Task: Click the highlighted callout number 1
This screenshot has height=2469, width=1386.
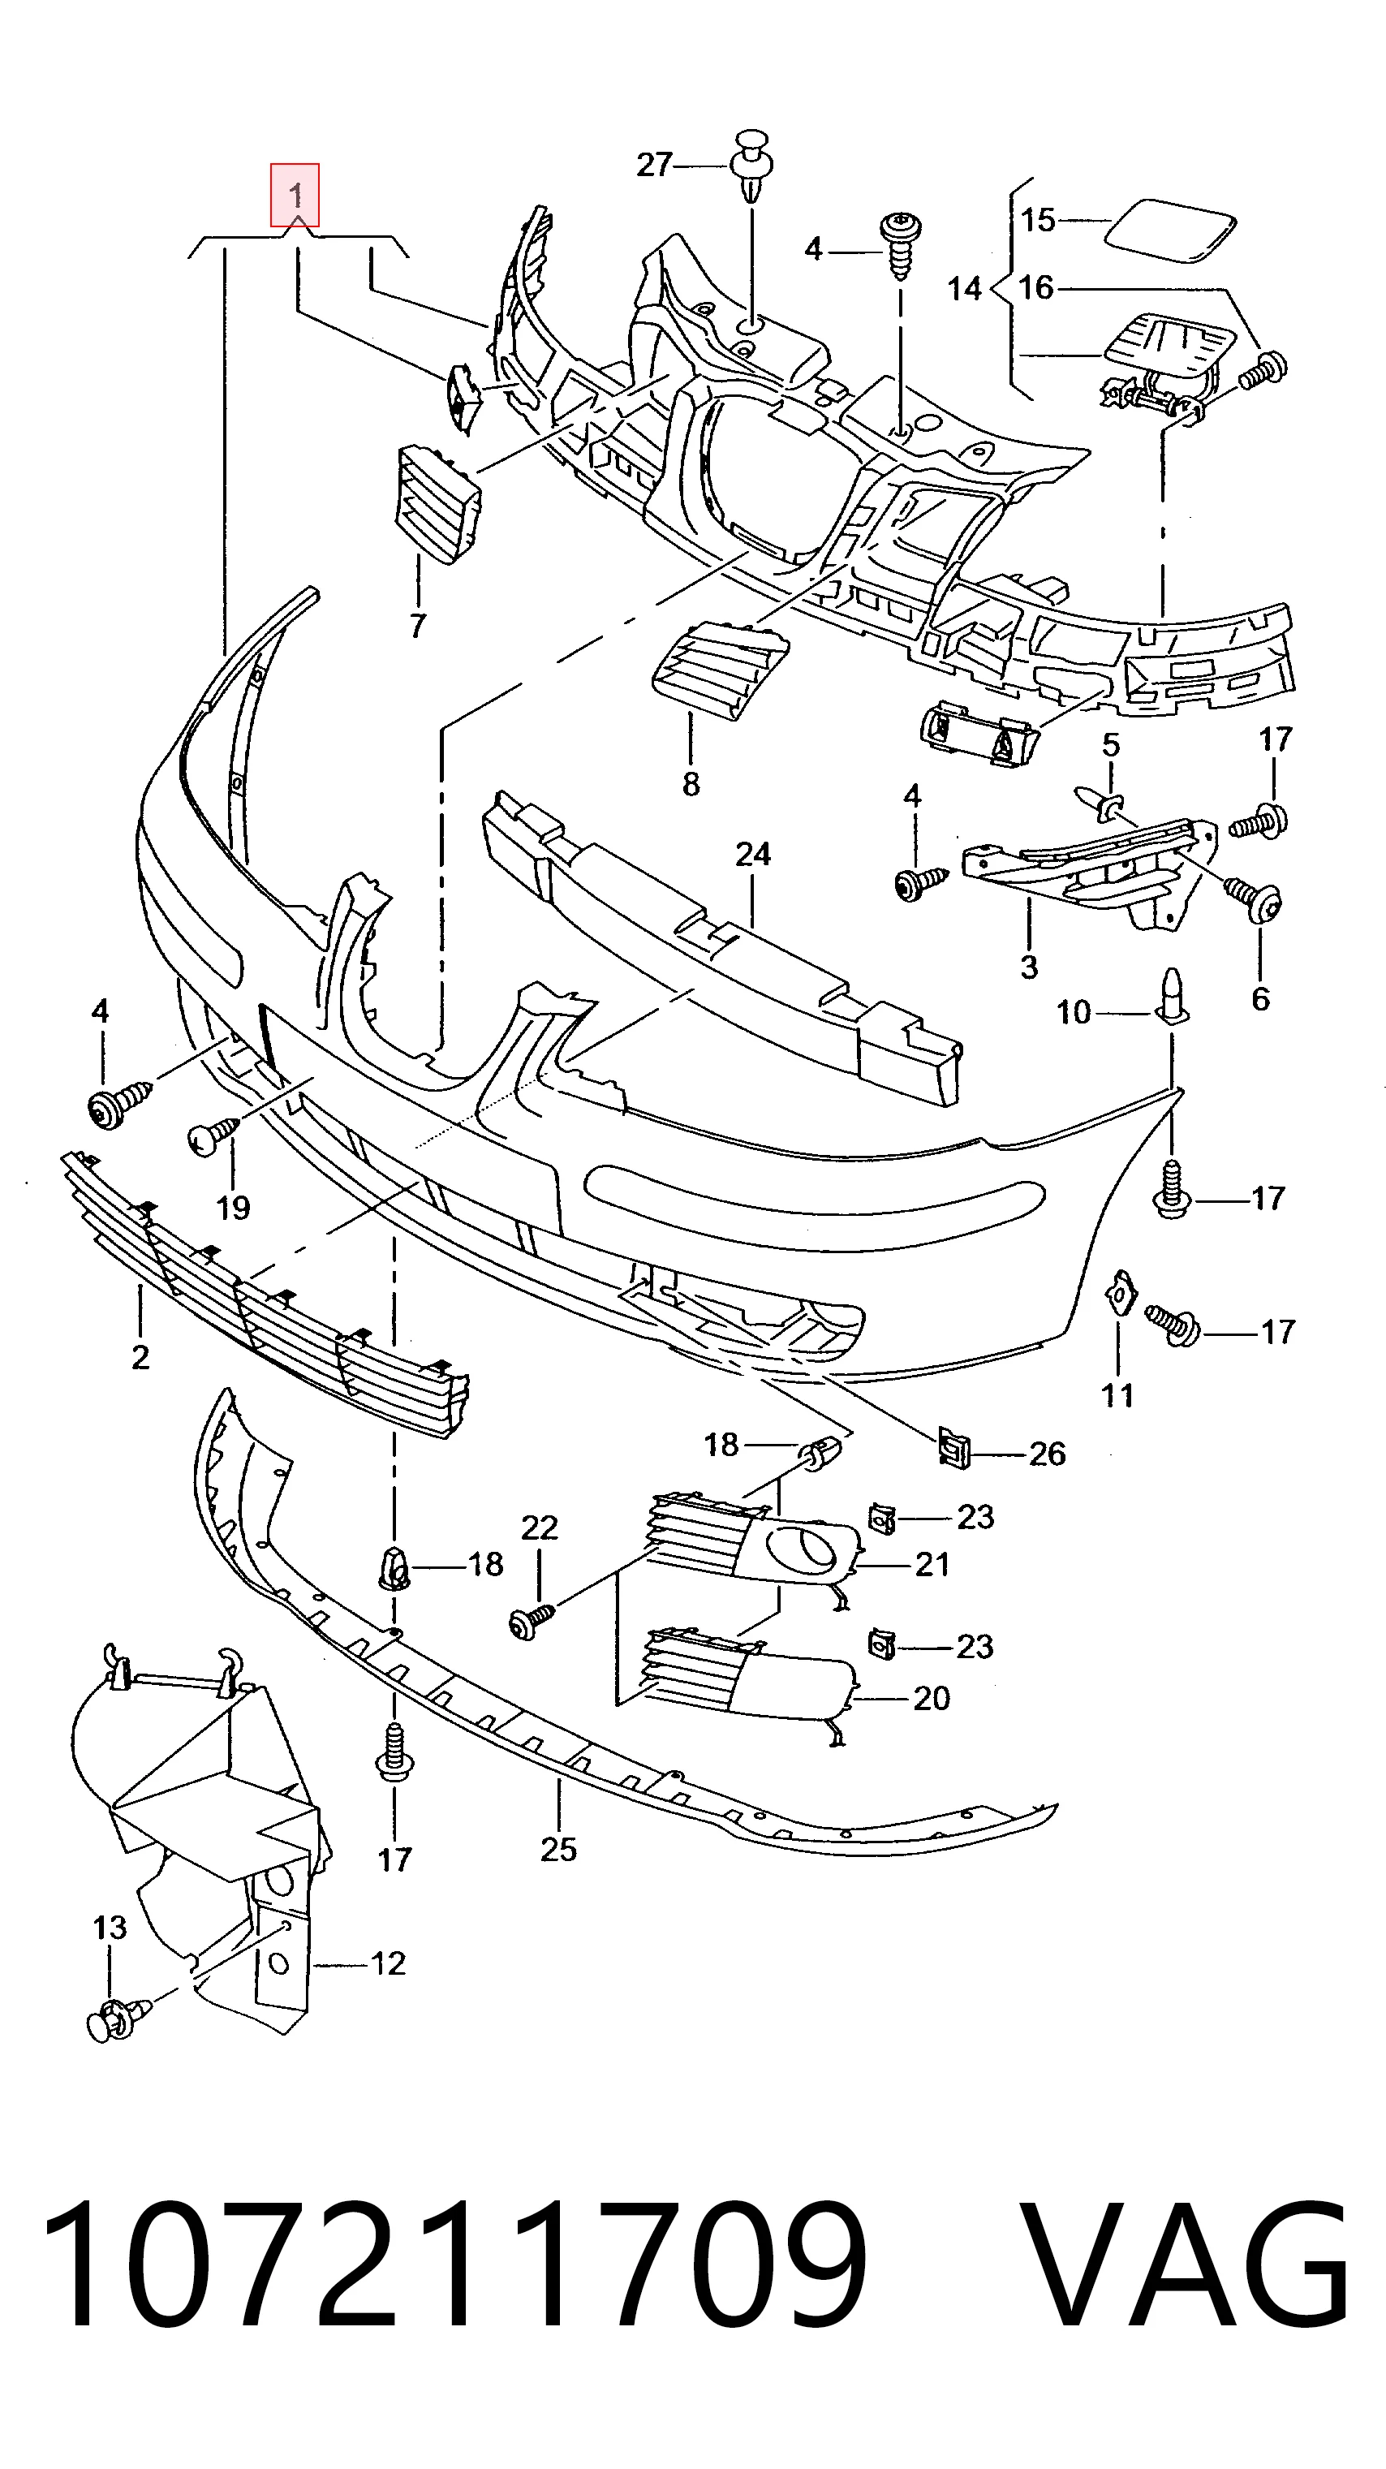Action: (295, 196)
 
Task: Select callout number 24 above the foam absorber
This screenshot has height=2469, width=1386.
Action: (753, 854)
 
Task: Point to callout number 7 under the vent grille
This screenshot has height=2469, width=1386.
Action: (417, 626)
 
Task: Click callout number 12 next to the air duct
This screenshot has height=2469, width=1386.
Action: (387, 1964)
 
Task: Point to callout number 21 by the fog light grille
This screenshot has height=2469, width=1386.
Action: (931, 1565)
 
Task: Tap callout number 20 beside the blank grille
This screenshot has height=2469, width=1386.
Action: (931, 1699)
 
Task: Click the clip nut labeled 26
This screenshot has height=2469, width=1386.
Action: (953, 1446)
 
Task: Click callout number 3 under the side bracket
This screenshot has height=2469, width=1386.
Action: (1028, 966)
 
